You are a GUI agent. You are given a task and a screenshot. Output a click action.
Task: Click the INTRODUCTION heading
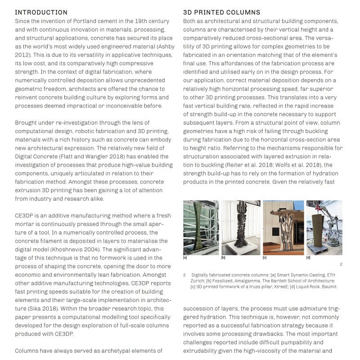(x=41, y=12)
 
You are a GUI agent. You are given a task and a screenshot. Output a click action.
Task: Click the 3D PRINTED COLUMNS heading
(x=222, y=12)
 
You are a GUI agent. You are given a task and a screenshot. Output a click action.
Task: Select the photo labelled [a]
(x=201, y=228)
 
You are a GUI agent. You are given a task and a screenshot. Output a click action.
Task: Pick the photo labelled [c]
(x=283, y=228)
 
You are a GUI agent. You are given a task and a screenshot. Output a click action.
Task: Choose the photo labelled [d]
(x=324, y=228)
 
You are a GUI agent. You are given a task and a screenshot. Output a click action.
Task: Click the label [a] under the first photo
(x=185, y=258)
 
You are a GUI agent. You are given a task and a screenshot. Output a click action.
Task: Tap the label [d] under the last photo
(x=308, y=258)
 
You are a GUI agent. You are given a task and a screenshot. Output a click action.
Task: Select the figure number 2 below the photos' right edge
(x=341, y=265)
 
